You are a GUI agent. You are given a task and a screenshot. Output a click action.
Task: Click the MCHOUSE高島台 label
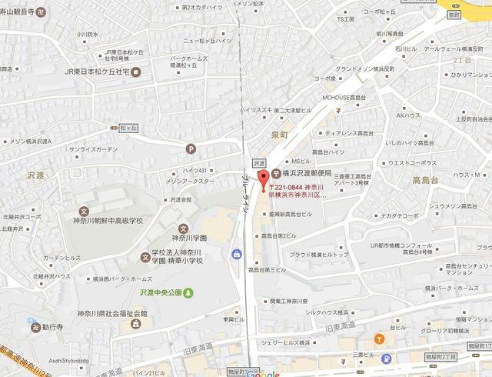point(348,98)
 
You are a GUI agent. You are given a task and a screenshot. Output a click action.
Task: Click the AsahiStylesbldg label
point(38,360)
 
